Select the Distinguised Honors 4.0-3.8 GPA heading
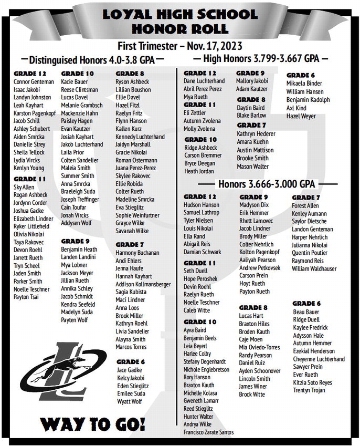click(x=91, y=59)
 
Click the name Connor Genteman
click(x=34, y=82)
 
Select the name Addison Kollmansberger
click(x=143, y=284)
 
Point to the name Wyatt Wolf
click(x=129, y=401)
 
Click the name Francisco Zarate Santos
click(x=208, y=431)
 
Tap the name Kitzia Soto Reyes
click(x=312, y=382)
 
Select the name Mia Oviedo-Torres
click(x=259, y=347)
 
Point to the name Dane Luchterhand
click(x=204, y=81)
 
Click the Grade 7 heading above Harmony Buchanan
click(x=130, y=245)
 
